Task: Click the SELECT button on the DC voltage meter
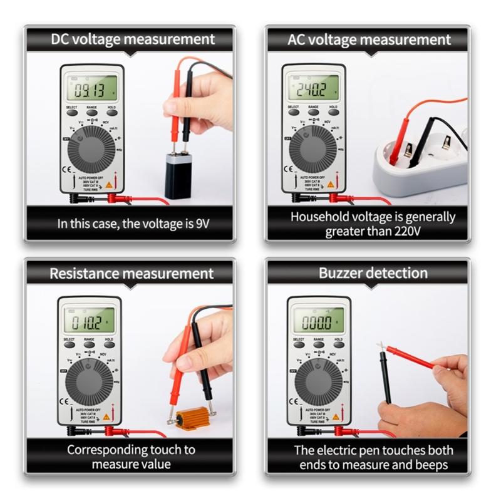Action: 72,113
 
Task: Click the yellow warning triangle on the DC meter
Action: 110,185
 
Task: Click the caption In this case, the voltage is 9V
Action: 131,223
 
